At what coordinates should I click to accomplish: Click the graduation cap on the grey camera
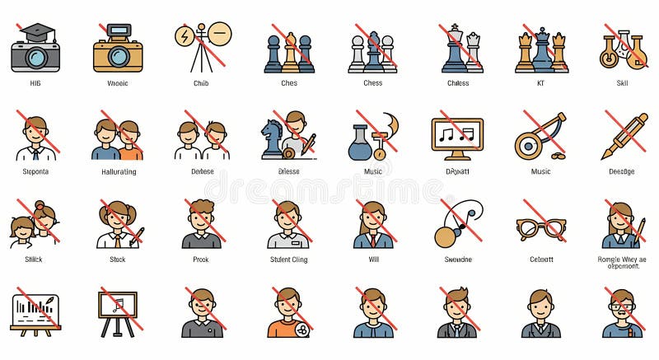click(x=36, y=32)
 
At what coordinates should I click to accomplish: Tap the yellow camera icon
click(x=118, y=49)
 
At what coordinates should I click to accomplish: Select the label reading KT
click(x=540, y=83)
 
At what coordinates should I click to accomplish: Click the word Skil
click(x=623, y=83)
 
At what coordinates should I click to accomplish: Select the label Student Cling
click(x=288, y=260)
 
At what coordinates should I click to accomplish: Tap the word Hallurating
click(x=117, y=172)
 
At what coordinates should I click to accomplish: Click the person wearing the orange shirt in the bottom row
click(x=287, y=314)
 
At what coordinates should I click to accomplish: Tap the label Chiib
click(x=202, y=83)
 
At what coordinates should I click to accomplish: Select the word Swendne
click(x=458, y=260)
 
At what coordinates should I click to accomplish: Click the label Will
click(x=373, y=260)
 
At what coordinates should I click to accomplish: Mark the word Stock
click(x=117, y=260)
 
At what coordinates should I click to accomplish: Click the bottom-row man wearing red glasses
click(x=622, y=315)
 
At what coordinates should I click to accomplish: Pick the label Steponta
click(x=35, y=172)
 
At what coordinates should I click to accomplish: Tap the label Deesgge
click(x=622, y=172)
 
